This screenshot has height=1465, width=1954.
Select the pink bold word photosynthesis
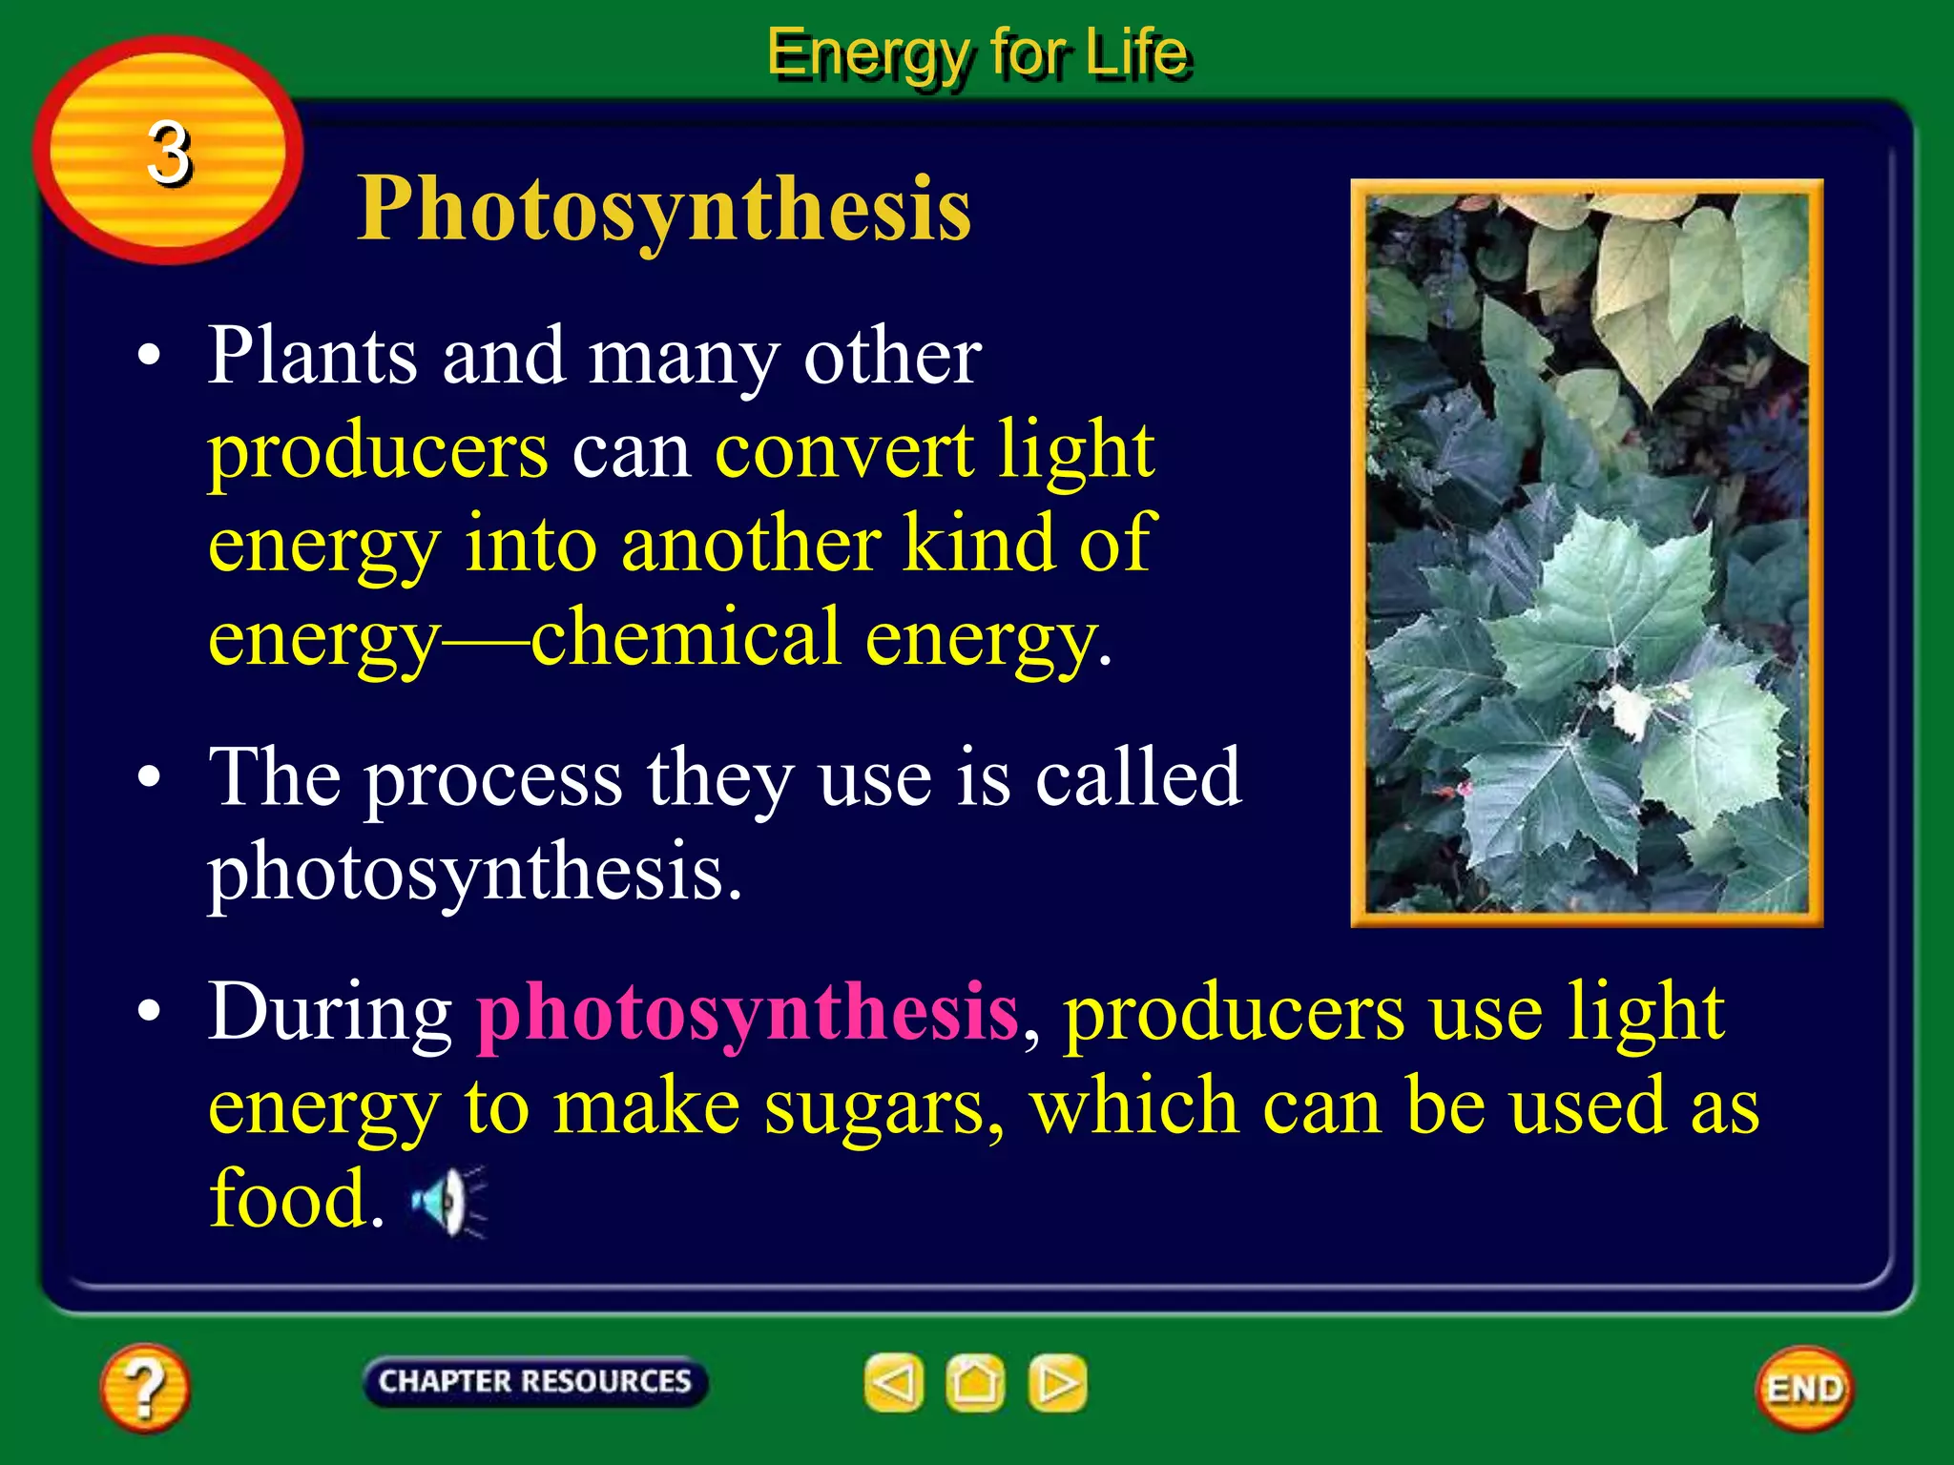tap(747, 1013)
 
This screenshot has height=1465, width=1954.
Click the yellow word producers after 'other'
tap(378, 451)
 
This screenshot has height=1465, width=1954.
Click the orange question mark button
tap(144, 1387)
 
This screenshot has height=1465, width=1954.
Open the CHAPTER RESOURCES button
tap(534, 1381)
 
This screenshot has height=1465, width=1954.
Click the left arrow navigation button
tap(894, 1382)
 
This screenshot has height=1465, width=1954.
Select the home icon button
tap(975, 1382)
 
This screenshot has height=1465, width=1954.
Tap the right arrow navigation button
tap(1057, 1382)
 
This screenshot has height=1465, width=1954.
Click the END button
tap(1804, 1389)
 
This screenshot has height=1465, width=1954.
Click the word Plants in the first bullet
tap(313, 356)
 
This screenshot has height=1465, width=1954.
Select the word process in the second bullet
tap(493, 779)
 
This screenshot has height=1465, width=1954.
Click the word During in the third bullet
tap(330, 1013)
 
